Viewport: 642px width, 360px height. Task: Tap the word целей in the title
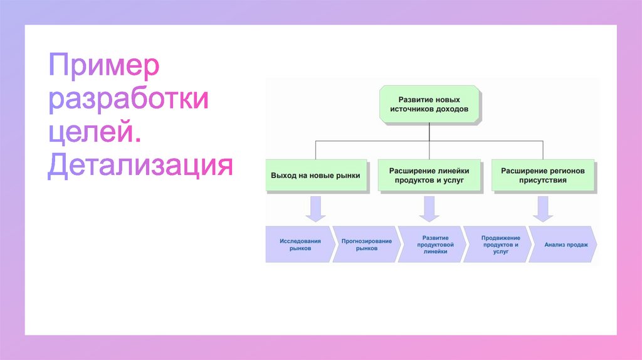[93, 133]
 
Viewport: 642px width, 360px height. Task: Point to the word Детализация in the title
[140, 166]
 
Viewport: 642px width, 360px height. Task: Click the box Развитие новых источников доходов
[429, 104]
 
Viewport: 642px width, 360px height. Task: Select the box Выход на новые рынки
[315, 176]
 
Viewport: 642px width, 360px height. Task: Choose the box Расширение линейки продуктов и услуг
[429, 175]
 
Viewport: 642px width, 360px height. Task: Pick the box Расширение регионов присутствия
[542, 175]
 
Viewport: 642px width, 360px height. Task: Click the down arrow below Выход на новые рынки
[315, 208]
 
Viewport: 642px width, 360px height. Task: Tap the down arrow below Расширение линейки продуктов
[429, 208]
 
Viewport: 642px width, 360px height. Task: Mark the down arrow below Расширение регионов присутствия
[542, 208]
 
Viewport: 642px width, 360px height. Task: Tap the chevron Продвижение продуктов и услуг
[500, 244]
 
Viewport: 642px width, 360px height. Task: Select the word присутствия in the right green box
[543, 180]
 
